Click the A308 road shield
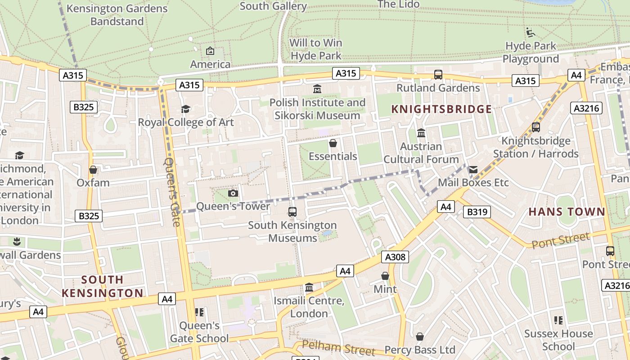click(396, 257)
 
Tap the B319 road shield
click(477, 211)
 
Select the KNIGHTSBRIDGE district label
click(441, 109)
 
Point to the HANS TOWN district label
click(567, 211)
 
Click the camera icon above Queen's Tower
click(233, 193)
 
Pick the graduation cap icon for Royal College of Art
click(185, 109)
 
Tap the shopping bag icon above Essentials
click(333, 143)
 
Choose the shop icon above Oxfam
click(93, 170)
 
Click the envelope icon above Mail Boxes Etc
click(473, 170)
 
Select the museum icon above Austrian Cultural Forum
click(421, 133)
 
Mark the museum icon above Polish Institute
click(317, 89)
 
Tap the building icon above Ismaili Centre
click(309, 287)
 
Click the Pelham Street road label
click(338, 348)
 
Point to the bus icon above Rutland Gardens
click(438, 75)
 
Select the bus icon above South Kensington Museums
click(292, 211)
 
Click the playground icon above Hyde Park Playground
click(531, 32)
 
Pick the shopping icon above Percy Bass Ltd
click(420, 337)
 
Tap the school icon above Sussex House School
click(558, 320)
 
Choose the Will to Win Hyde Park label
click(316, 49)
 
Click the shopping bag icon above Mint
click(385, 276)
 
